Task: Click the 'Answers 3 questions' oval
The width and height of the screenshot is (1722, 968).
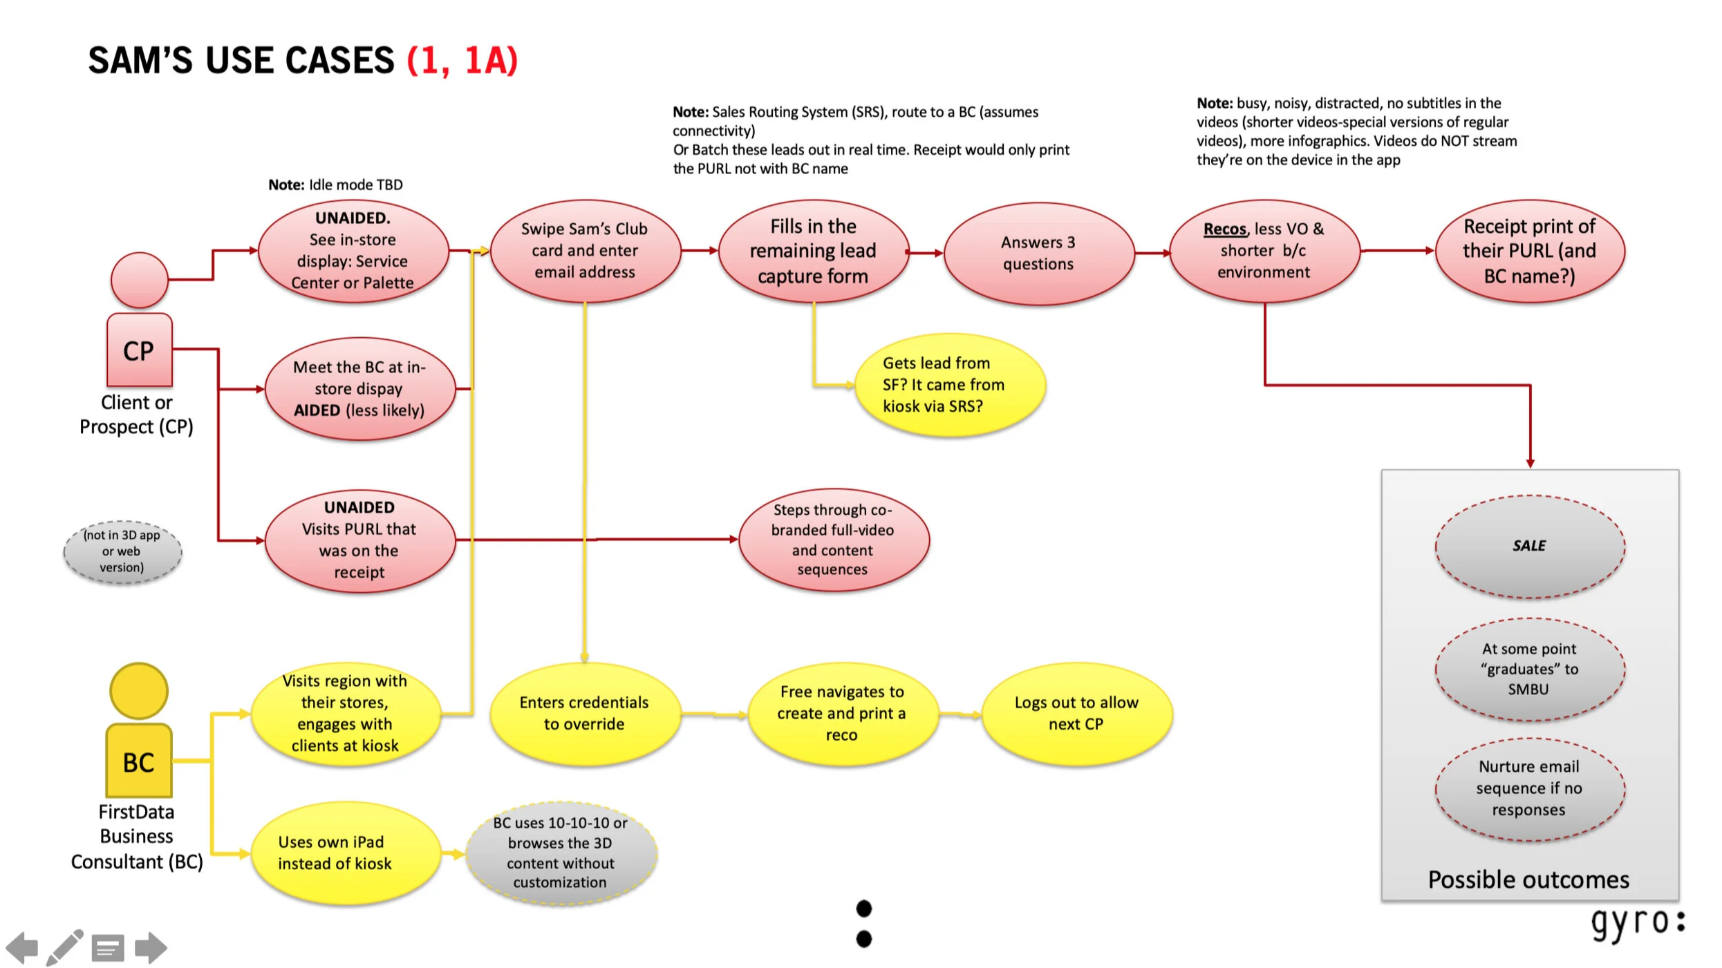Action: click(x=1038, y=253)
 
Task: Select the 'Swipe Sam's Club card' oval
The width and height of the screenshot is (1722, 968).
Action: click(x=585, y=251)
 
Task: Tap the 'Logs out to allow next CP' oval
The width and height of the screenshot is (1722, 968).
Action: click(x=1076, y=713)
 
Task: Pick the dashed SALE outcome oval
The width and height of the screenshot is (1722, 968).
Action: click(x=1529, y=546)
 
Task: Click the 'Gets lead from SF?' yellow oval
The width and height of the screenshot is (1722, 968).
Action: click(x=949, y=385)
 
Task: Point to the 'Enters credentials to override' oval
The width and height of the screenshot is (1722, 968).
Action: click(x=585, y=713)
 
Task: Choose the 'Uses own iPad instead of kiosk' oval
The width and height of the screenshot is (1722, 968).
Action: click(x=346, y=853)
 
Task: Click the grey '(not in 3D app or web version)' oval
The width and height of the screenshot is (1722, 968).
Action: click(x=122, y=551)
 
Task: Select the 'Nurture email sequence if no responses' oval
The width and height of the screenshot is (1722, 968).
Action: click(x=1529, y=788)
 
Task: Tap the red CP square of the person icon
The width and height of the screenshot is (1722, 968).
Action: click(x=139, y=350)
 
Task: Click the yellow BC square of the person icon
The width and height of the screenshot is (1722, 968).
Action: click(x=139, y=761)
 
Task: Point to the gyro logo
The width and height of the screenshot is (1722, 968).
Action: click(x=1637, y=924)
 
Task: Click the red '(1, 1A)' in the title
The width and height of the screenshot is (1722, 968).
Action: click(x=462, y=61)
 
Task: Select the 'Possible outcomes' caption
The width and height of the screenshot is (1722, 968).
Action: click(x=1528, y=880)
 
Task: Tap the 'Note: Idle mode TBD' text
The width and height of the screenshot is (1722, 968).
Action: click(x=335, y=184)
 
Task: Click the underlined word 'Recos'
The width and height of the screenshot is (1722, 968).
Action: click(x=1224, y=229)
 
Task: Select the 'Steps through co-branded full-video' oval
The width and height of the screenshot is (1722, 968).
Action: click(x=833, y=540)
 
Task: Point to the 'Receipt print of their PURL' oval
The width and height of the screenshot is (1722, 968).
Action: click(x=1529, y=251)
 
